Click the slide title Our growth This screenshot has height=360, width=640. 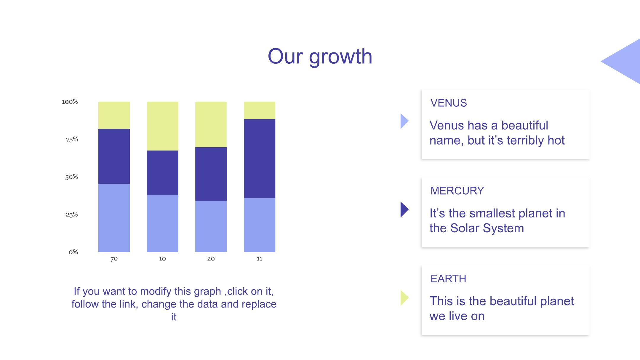320,56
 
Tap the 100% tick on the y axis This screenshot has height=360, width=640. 70,102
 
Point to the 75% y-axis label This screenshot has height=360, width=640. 72,140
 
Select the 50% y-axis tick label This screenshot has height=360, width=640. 71,177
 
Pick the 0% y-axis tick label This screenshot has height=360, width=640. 73,252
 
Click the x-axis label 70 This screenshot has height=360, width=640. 114,259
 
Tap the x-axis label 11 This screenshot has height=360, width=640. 260,259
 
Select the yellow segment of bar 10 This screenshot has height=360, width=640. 163,126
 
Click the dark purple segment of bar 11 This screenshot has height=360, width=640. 260,159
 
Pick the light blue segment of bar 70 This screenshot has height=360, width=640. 114,218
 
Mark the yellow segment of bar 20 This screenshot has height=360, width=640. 211,124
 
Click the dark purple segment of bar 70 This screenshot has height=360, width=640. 114,156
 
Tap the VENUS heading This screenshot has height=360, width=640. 449,103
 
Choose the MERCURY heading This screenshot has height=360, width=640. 457,191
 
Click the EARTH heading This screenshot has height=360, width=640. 448,279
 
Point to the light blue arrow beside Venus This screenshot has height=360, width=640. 404,121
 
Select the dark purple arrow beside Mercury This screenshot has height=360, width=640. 404,209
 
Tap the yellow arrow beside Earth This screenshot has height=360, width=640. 404,298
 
